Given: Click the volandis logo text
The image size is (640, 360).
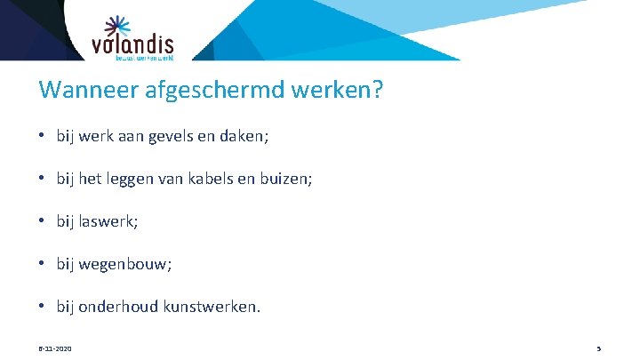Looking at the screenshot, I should pyautogui.click(x=132, y=44).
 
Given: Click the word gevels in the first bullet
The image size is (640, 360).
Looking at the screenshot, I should pyautogui.click(x=179, y=138).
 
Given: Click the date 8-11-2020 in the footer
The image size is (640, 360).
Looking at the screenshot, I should pyautogui.click(x=55, y=348).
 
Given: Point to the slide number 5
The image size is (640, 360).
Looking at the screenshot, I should pyautogui.click(x=598, y=348).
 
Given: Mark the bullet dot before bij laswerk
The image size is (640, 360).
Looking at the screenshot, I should pyautogui.click(x=43, y=222).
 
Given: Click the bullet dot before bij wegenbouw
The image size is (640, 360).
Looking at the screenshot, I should pyautogui.click(x=43, y=264).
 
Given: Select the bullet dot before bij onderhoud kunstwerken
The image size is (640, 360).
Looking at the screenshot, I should pyautogui.click(x=43, y=307).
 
